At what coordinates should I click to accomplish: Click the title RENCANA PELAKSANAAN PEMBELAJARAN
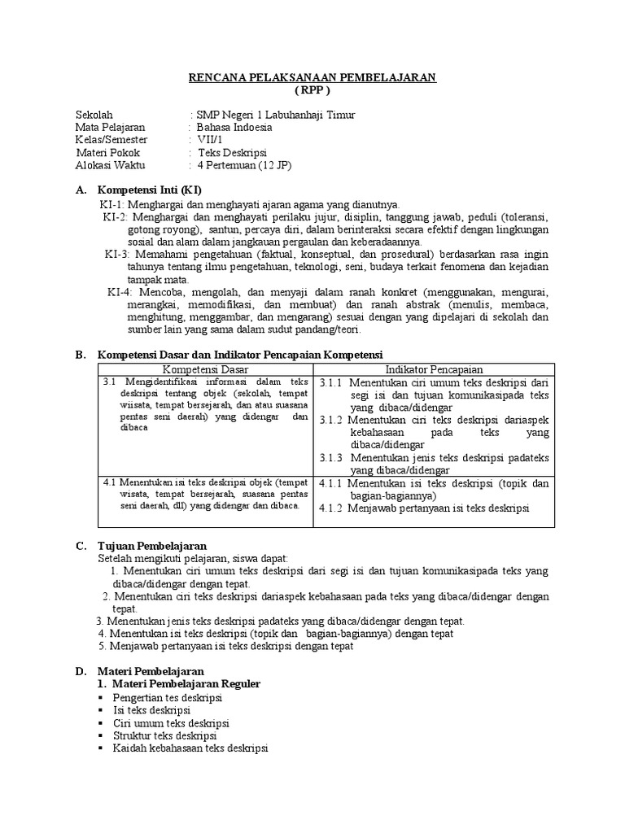click(x=312, y=77)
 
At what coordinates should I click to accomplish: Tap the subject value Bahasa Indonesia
click(x=234, y=127)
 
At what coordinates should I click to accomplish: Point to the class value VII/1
click(x=214, y=140)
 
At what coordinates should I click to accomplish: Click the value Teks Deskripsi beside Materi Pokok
click(x=232, y=152)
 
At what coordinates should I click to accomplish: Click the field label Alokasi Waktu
click(x=110, y=165)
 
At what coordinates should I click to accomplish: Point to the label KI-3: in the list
click(x=118, y=254)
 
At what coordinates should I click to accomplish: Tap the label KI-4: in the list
click(x=121, y=291)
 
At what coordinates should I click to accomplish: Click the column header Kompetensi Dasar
click(x=205, y=369)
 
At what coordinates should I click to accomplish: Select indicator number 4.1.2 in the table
click(x=331, y=508)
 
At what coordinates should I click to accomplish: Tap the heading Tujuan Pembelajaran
click(x=152, y=545)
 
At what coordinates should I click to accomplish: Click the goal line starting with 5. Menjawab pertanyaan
click(x=226, y=647)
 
